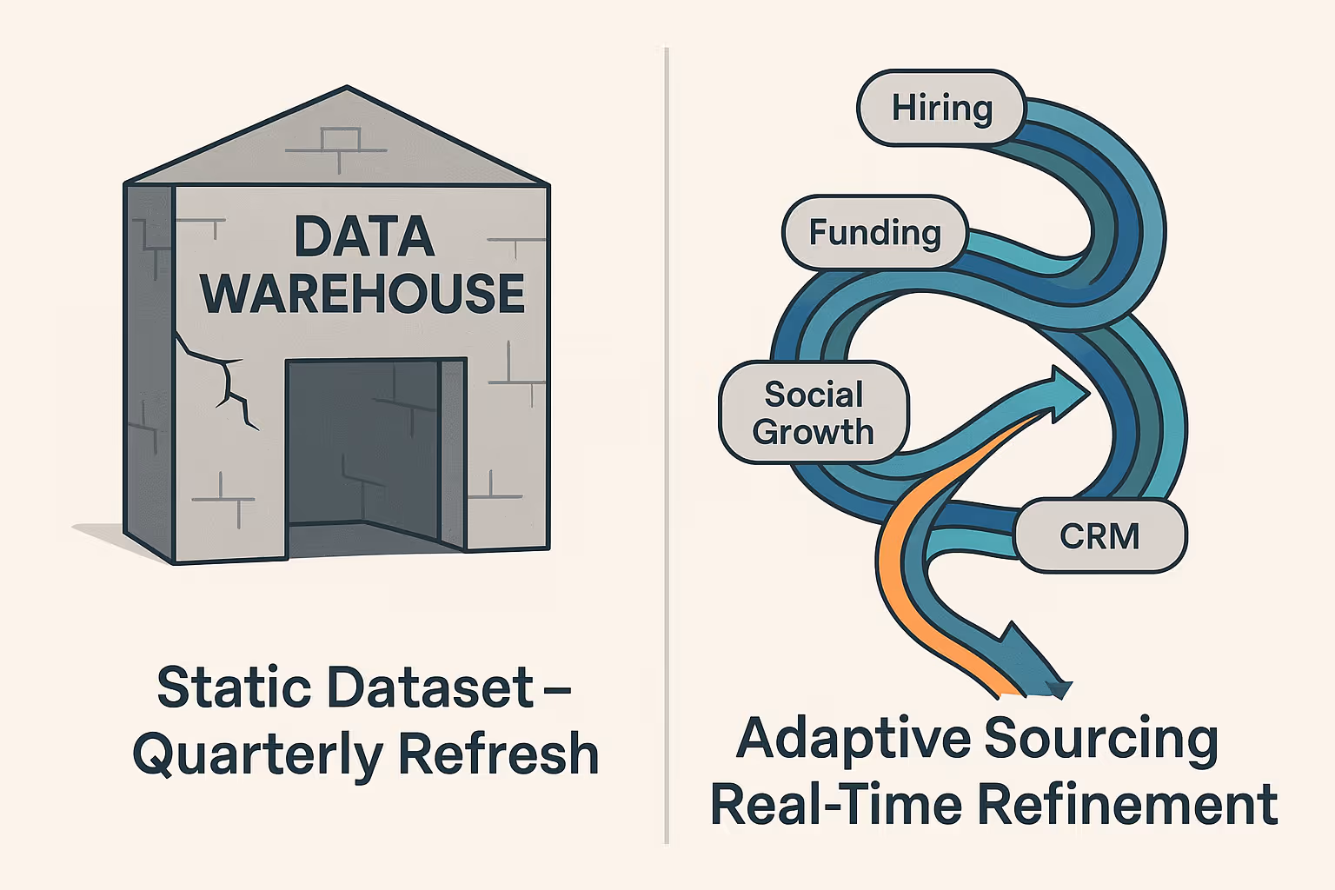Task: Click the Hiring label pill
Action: point(941,108)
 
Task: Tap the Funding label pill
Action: point(874,233)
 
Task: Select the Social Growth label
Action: point(814,413)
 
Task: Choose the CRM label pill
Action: point(1099,535)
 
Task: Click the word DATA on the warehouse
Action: point(364,236)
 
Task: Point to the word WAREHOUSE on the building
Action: point(363,293)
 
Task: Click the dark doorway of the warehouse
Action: point(365,443)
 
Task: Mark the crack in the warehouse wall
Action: point(222,378)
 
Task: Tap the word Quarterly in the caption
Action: point(256,754)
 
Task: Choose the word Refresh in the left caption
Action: point(499,754)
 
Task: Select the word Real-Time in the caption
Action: point(835,804)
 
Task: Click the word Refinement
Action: point(1127,804)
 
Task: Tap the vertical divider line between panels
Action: point(667,435)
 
